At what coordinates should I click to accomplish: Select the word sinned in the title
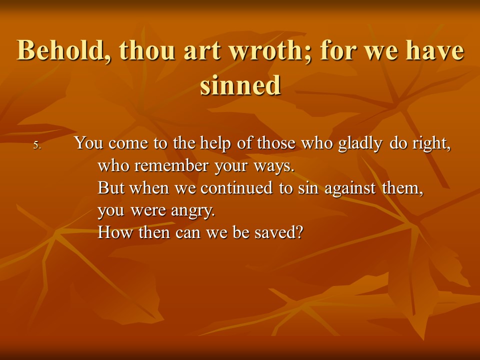240,85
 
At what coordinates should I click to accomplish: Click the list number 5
36,145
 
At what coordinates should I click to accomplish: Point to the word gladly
360,143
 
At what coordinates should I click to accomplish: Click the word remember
171,165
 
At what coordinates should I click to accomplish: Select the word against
350,188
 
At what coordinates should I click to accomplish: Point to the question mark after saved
299,232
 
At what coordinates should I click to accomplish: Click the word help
215,143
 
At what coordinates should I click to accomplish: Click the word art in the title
202,51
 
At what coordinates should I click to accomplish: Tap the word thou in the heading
147,50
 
